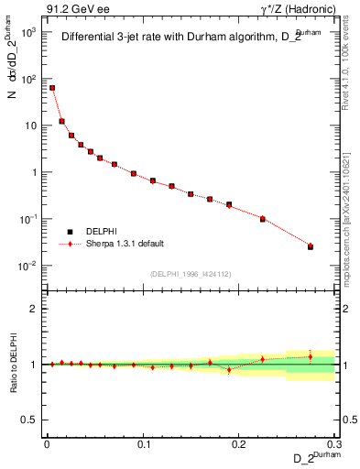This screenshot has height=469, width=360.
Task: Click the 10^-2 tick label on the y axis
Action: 28,266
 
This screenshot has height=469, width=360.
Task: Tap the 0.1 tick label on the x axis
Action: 144,443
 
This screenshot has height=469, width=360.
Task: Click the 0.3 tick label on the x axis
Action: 335,443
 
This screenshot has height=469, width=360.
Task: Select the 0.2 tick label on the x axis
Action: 239,443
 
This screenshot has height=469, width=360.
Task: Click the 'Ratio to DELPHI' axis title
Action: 13,365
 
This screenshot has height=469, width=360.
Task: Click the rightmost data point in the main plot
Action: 311,246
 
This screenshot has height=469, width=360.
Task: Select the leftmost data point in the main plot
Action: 52,88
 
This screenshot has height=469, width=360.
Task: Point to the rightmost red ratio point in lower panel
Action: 311,356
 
